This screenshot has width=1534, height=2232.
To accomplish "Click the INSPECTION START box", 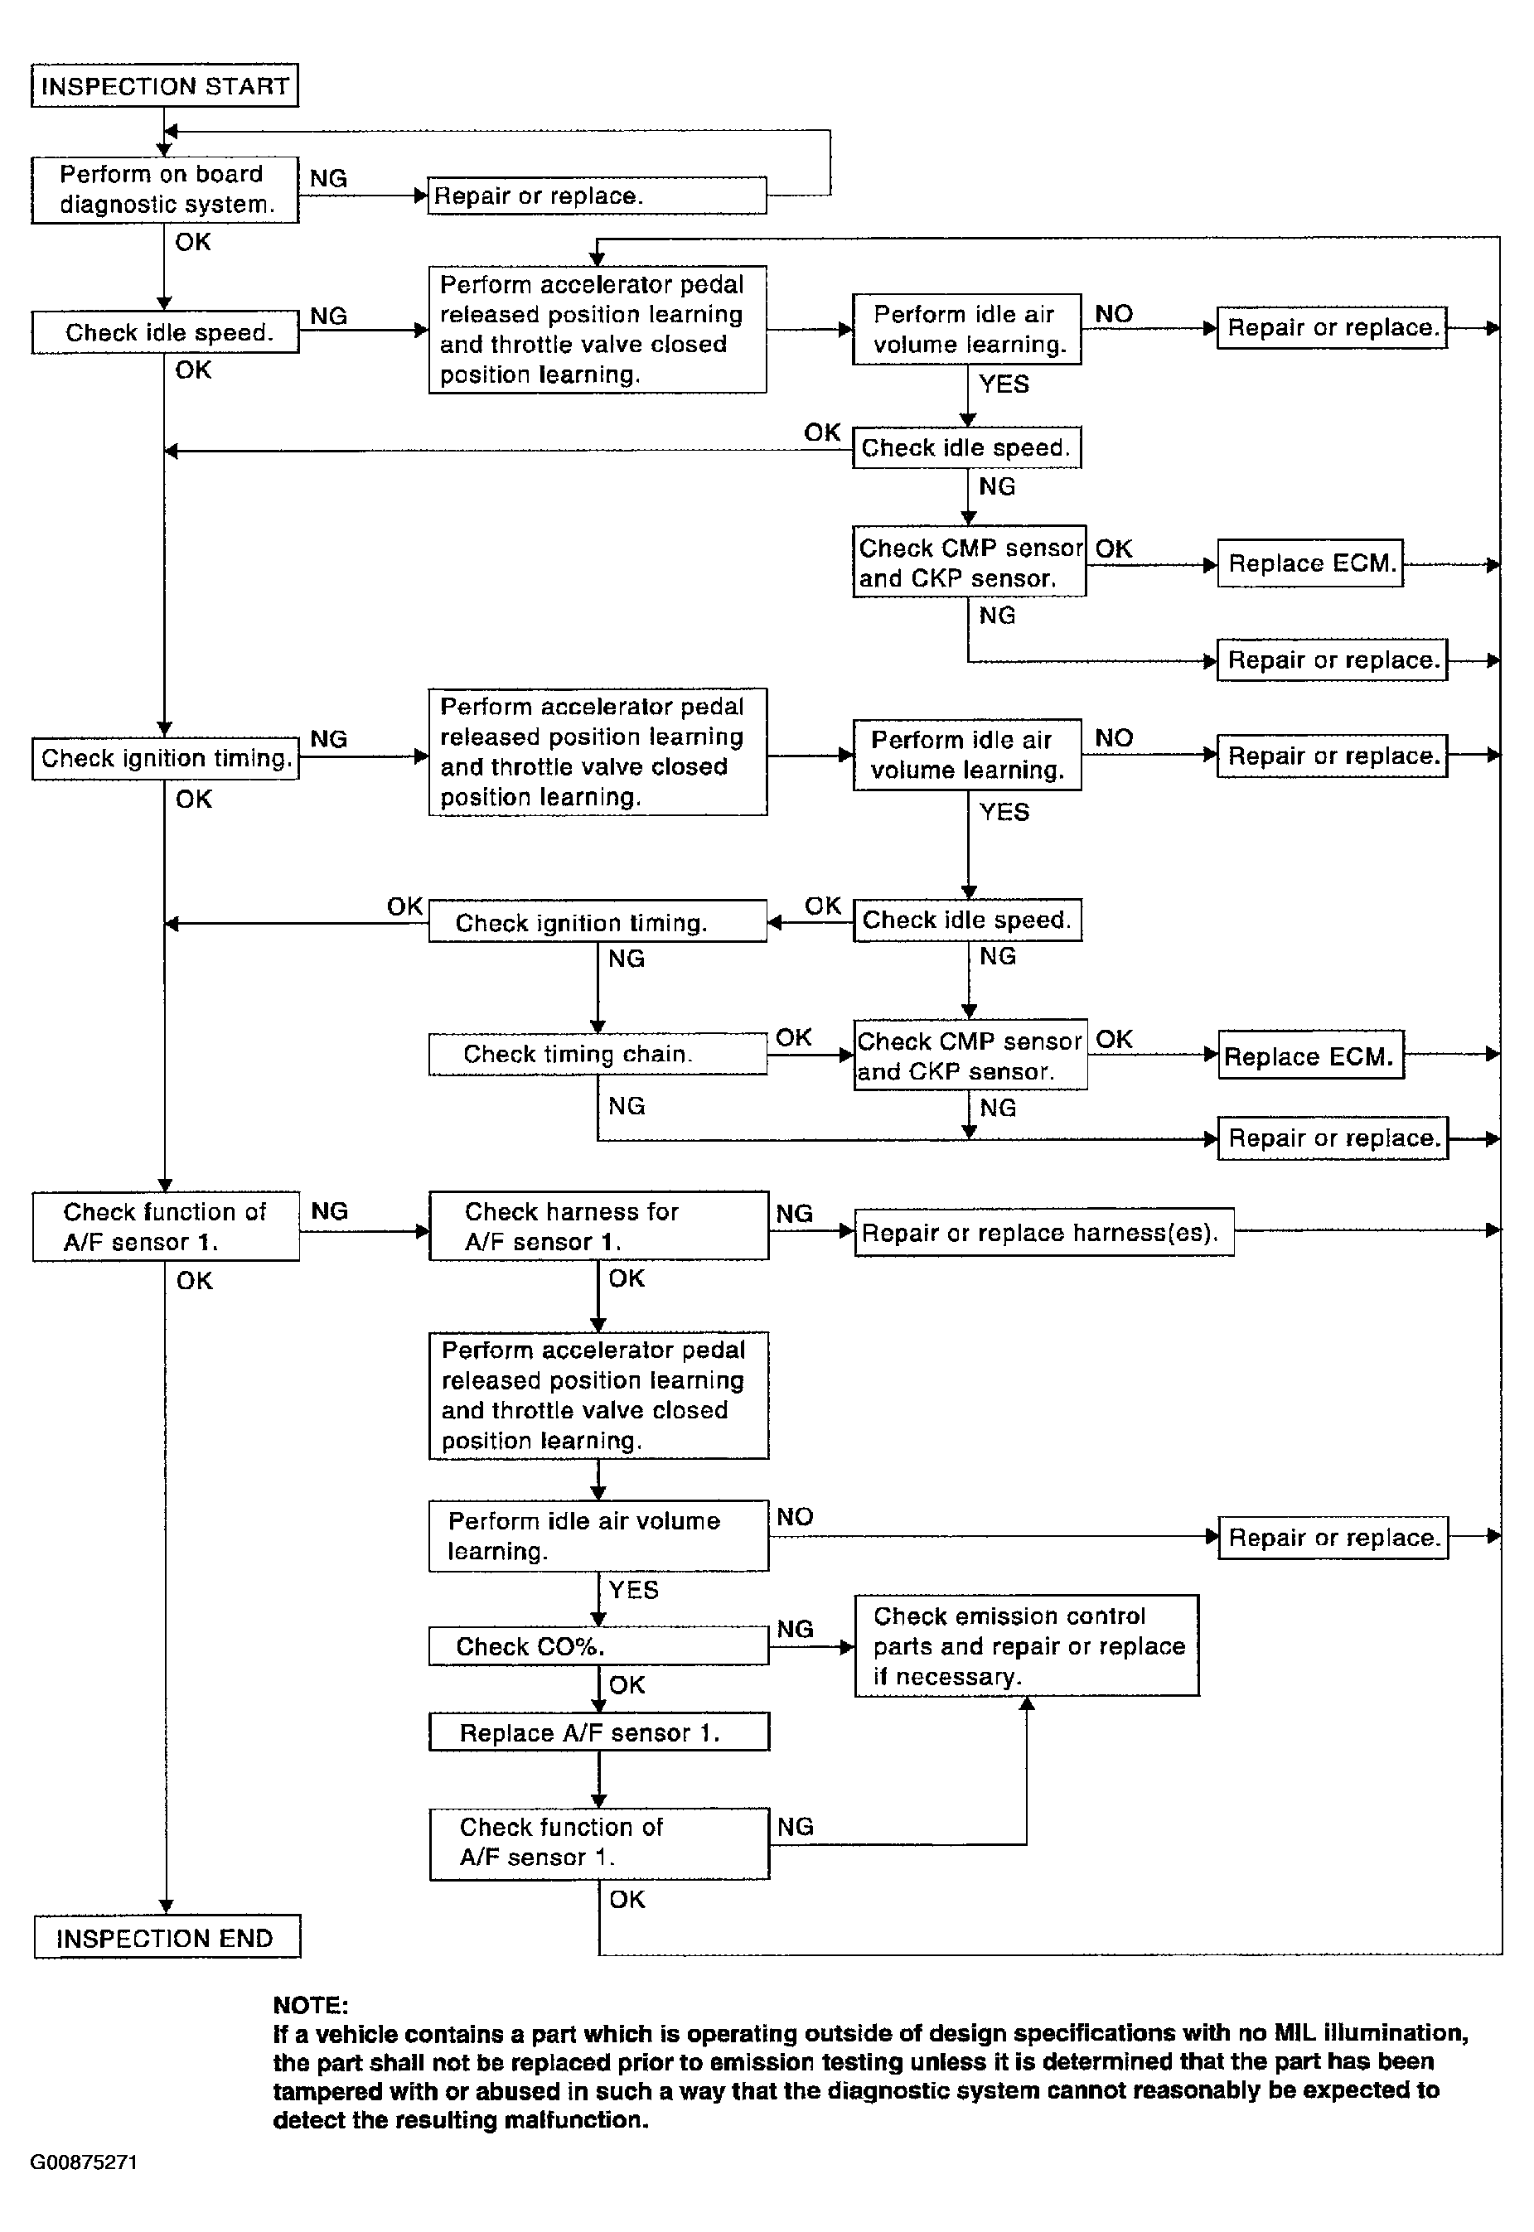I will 164,85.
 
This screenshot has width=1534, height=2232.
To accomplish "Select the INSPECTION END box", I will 167,1937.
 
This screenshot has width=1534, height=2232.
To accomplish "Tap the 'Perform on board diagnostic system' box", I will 164,189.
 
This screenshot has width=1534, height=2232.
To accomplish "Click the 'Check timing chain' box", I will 597,1054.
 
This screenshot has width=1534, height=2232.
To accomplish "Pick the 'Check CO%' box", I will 598,1646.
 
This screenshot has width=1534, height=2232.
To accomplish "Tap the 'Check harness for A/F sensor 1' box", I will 598,1226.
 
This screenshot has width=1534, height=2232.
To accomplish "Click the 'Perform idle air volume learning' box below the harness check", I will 598,1535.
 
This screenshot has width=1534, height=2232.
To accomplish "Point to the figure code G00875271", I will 84,2162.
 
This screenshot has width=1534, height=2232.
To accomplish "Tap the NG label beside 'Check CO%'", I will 795,1629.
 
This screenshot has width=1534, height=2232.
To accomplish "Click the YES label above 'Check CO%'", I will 633,1590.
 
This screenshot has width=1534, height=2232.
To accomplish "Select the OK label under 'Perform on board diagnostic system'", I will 192,242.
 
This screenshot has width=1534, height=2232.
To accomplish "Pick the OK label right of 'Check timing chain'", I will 794,1037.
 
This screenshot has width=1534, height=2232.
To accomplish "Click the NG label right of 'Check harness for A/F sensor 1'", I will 794,1214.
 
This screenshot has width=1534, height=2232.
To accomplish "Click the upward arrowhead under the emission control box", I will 1027,1703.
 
